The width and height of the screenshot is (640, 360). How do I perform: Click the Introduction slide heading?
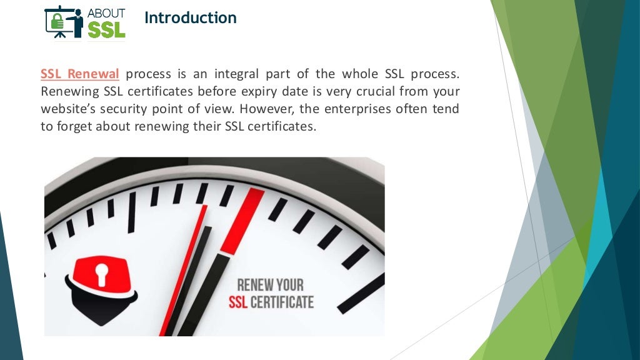click(190, 18)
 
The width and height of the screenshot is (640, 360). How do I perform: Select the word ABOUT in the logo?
click(106, 13)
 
